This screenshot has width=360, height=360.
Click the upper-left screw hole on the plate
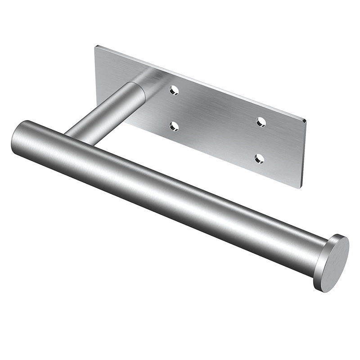click(x=174, y=90)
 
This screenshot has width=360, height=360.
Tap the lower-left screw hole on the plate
click(x=174, y=126)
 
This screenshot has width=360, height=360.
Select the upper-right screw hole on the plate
click(x=261, y=121)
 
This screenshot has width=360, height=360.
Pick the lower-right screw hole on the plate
click(x=259, y=158)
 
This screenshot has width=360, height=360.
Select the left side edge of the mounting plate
click(x=95, y=67)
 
